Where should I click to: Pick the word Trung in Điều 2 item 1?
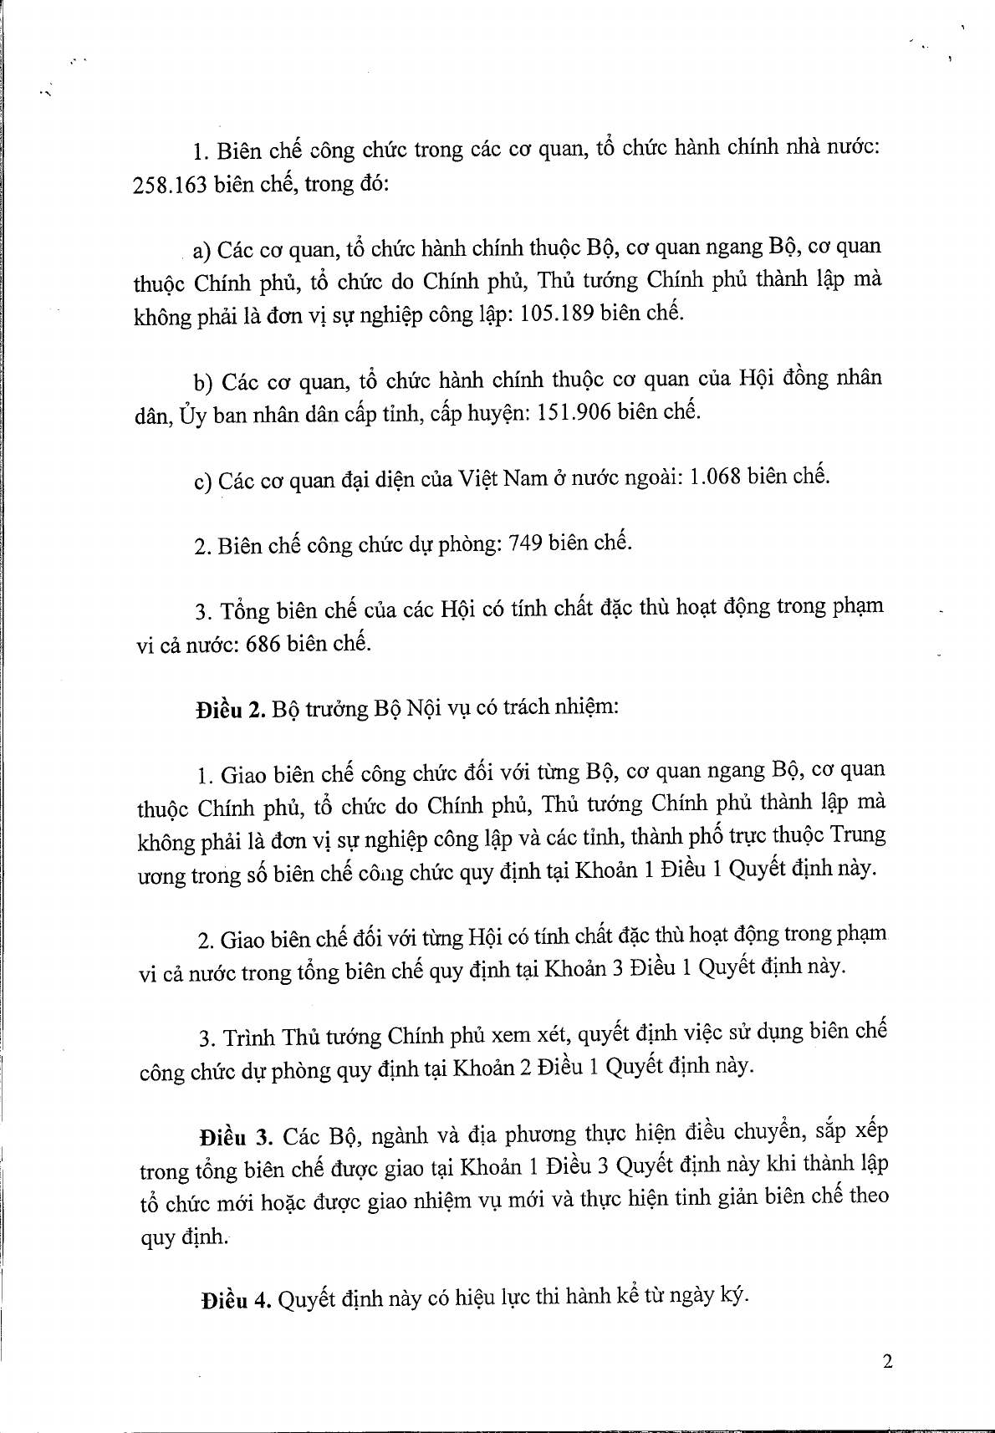tap(859, 834)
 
